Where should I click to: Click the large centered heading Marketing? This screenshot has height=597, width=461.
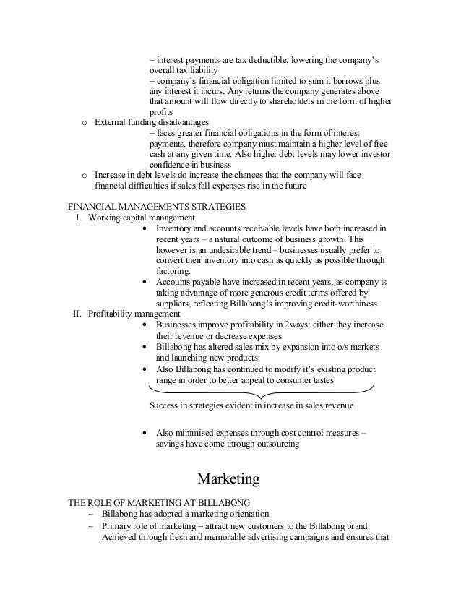228,478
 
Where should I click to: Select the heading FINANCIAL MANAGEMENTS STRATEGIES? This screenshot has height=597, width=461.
152,206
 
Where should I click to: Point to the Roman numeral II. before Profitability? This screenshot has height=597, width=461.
79,314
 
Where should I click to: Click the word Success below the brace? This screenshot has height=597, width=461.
165,405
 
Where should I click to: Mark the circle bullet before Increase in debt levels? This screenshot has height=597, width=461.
85,175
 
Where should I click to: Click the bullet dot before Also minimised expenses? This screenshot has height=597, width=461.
147,434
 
